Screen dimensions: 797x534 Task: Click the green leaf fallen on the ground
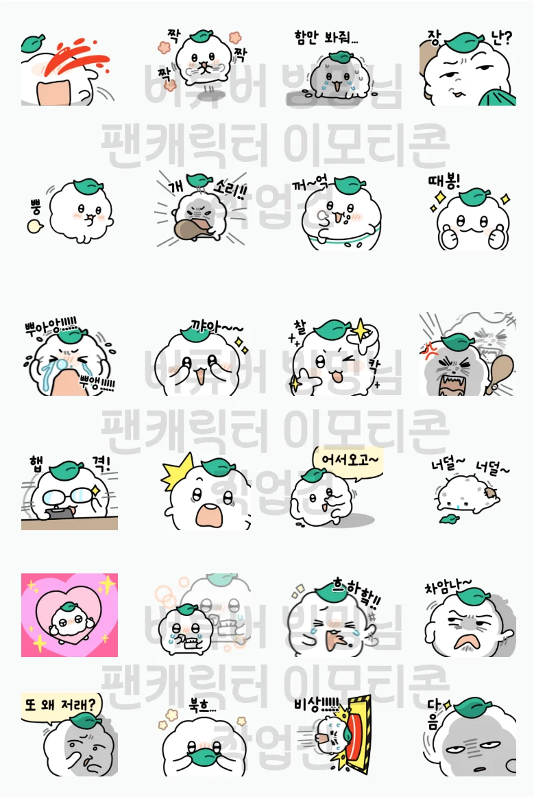[449, 519]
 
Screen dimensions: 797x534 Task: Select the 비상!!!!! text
[316, 704]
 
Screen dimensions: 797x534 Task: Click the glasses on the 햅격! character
[66, 496]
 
